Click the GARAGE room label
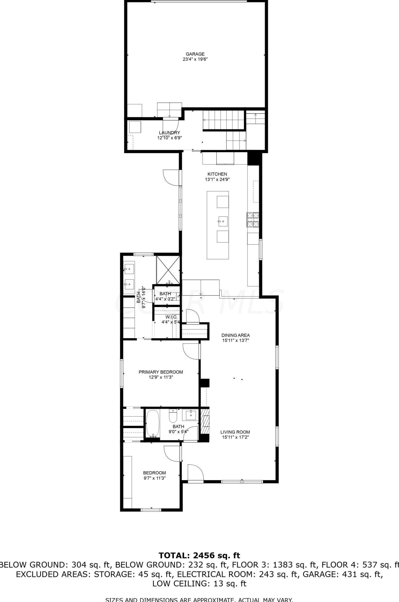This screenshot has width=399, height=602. [x=195, y=54]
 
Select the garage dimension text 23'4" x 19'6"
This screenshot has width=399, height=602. [x=195, y=59]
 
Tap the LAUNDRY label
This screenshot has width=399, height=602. [x=169, y=133]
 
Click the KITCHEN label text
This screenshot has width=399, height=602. [x=217, y=174]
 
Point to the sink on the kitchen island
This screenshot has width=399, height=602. [x=222, y=221]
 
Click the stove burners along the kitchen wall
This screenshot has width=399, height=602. [x=253, y=220]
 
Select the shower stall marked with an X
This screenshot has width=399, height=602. [x=168, y=270]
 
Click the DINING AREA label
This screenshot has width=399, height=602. [x=235, y=335]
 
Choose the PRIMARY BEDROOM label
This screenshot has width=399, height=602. [x=161, y=372]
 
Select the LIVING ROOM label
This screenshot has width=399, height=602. [x=235, y=432]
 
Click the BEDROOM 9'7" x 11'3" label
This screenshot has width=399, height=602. [x=154, y=473]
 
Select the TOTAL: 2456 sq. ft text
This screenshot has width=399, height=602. [x=199, y=556]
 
